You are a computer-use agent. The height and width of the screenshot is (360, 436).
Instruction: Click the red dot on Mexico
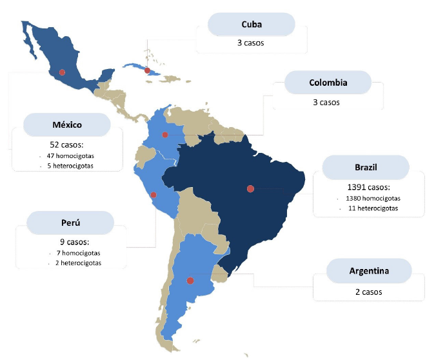[x=62, y=72]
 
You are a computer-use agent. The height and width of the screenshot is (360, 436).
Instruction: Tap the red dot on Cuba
[x=147, y=70]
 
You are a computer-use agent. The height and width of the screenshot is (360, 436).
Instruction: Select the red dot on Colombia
[x=165, y=135]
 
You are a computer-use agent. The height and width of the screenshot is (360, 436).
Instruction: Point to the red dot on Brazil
[x=250, y=188]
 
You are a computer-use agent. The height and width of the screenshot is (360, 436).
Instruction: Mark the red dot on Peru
[x=153, y=195]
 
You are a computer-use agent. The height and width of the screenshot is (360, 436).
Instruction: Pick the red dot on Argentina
[x=190, y=281]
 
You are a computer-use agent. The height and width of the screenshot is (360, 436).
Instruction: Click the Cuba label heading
[x=251, y=25]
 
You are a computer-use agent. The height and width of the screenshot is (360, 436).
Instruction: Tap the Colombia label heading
[x=328, y=83]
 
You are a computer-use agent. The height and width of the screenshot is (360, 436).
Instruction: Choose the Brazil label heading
[x=366, y=167]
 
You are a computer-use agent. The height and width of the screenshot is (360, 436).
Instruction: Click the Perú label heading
[x=70, y=223]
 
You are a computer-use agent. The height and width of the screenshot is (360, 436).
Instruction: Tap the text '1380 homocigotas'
[x=372, y=198]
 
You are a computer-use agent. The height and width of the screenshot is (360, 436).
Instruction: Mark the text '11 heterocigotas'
[x=371, y=208]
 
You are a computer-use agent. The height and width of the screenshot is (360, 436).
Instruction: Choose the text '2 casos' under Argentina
[x=368, y=292]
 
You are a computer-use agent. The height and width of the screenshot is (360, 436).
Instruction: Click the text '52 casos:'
[x=67, y=145]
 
